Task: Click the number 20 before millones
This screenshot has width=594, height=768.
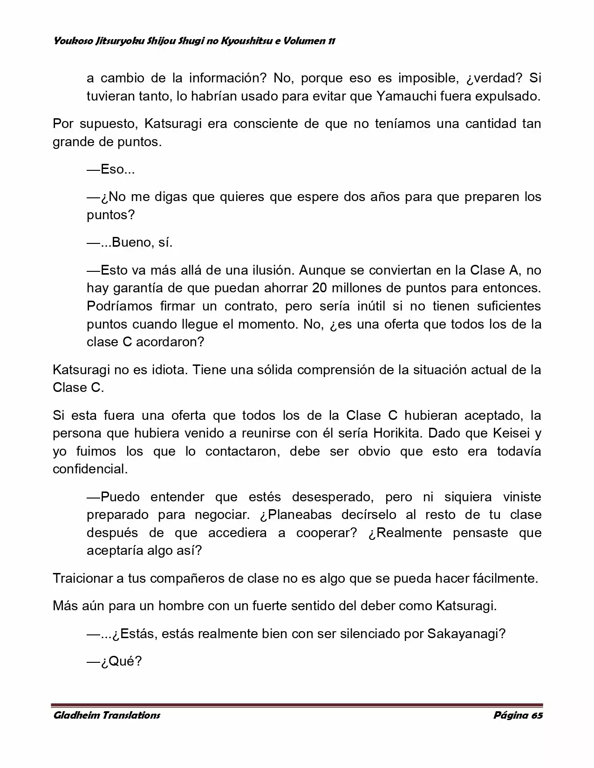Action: tap(319, 288)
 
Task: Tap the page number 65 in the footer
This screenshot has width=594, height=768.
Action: tap(536, 715)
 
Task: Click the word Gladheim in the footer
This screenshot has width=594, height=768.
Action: tap(73, 715)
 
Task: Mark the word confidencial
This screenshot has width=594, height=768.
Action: tap(89, 469)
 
